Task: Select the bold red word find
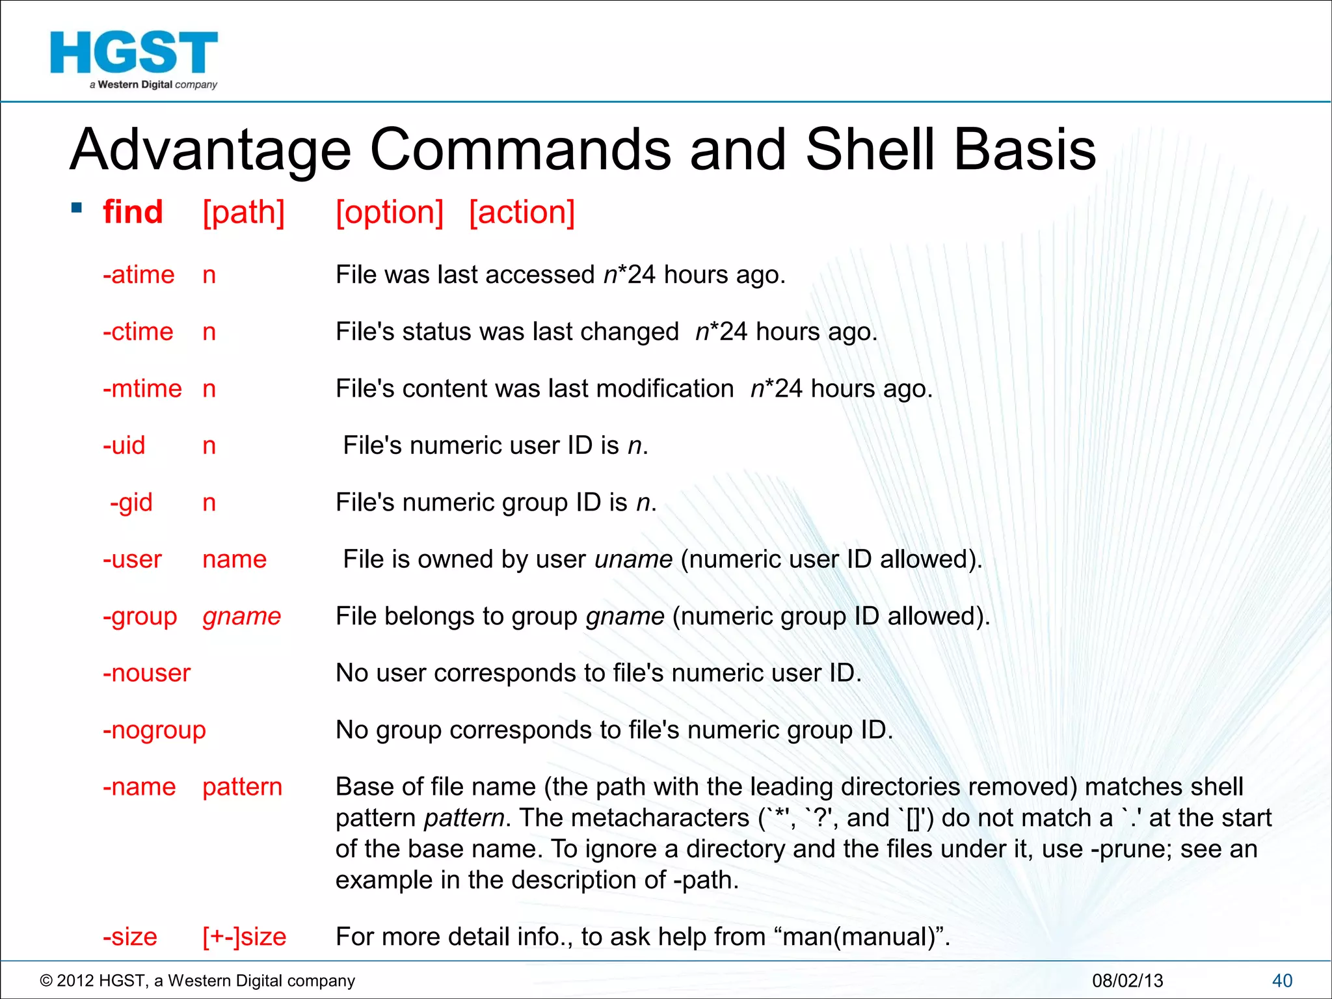click(133, 212)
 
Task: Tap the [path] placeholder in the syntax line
click(243, 213)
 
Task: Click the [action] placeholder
click(522, 213)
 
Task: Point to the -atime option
click(139, 275)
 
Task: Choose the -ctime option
click(138, 332)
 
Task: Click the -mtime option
click(142, 389)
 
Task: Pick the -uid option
click(124, 446)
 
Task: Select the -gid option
click(131, 503)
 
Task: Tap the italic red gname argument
click(241, 617)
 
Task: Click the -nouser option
click(146, 673)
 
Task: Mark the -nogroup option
click(154, 730)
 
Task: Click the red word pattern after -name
click(242, 787)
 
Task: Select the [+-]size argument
click(244, 937)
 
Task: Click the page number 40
click(1282, 981)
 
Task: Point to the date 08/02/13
click(1127, 981)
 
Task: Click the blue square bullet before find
click(77, 208)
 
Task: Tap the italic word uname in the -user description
click(633, 560)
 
